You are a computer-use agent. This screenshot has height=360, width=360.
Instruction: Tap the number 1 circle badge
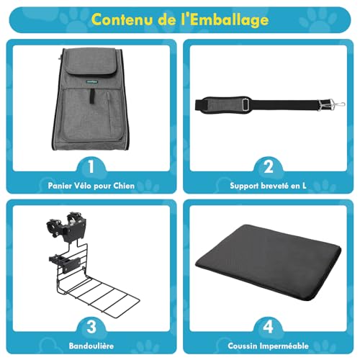click(x=89, y=168)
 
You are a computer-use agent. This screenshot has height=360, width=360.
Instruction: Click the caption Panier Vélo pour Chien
click(x=89, y=186)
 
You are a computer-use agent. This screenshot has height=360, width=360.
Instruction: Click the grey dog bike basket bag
click(x=89, y=108)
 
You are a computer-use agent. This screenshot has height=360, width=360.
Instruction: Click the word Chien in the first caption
click(x=124, y=186)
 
